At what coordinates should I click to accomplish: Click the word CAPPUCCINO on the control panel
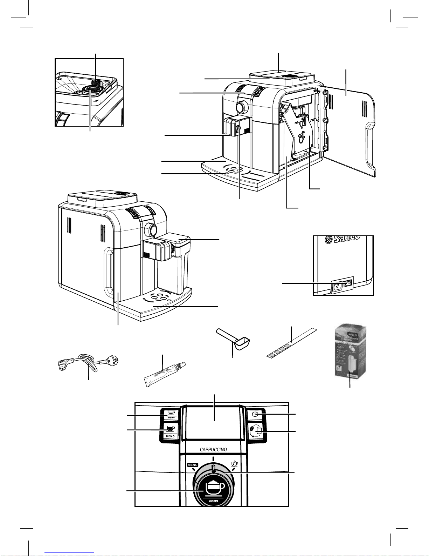[213, 449]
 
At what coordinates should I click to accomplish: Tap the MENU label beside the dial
[192, 465]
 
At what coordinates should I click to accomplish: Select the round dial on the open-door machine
[240, 107]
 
